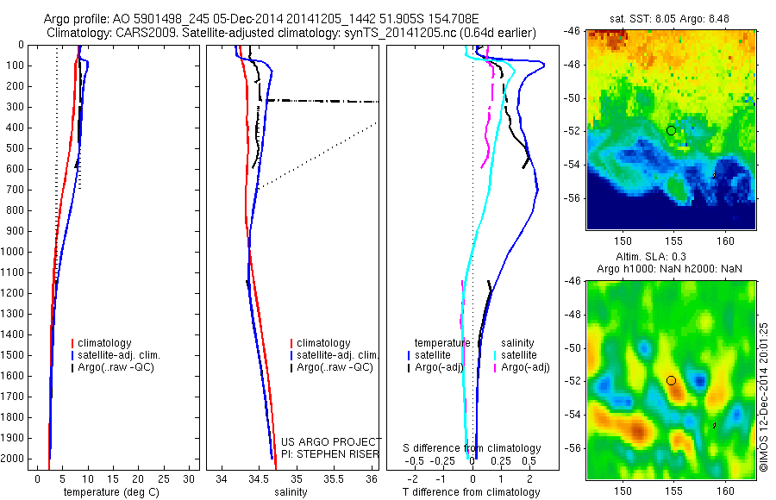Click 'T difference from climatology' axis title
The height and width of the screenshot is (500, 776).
click(x=471, y=492)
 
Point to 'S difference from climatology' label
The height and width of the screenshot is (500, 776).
click(x=472, y=448)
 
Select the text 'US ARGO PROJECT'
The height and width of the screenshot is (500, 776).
click(x=331, y=441)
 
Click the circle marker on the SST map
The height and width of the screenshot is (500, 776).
click(x=671, y=130)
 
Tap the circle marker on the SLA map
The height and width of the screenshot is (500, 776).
click(x=671, y=380)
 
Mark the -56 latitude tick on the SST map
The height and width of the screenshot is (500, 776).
click(x=577, y=197)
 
